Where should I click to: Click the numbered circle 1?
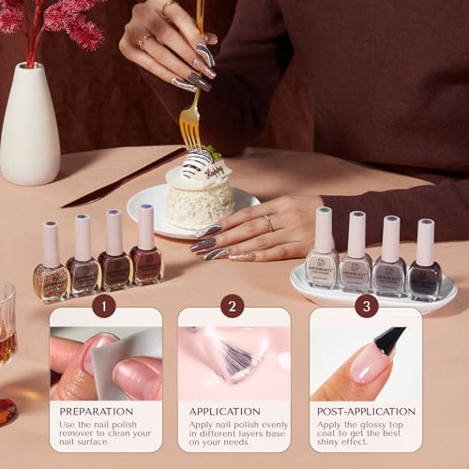[x=105, y=305]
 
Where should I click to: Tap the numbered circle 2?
[x=232, y=305]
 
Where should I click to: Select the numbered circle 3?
[x=367, y=305]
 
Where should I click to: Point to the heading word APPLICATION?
[x=225, y=411]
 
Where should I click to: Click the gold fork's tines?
[x=190, y=131]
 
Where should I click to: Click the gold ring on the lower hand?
[x=268, y=223]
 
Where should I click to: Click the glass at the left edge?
[x=7, y=328]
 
